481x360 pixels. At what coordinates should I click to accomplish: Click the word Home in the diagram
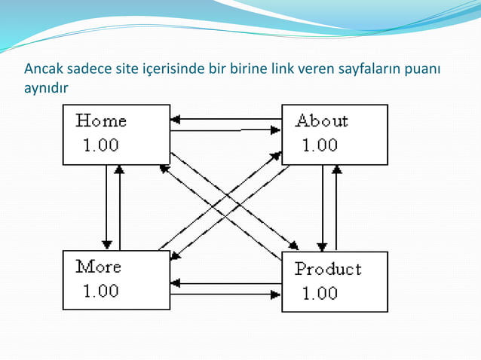click(x=101, y=121)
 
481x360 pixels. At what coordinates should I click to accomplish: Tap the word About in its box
click(x=321, y=121)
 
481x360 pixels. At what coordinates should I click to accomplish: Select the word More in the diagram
click(x=98, y=267)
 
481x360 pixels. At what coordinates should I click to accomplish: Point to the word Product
click(x=328, y=269)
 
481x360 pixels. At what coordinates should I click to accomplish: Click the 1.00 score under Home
click(x=100, y=145)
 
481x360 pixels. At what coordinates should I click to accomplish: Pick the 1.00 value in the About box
click(x=320, y=145)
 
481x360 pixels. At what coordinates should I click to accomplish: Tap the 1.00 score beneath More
click(x=100, y=291)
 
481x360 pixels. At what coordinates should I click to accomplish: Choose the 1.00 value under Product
click(x=320, y=293)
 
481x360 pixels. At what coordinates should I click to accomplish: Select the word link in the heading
click(x=283, y=71)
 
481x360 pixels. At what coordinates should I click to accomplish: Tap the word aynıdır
click(x=46, y=89)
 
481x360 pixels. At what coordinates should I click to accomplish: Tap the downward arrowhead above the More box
click(x=107, y=245)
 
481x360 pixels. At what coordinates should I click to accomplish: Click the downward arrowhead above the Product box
click(x=323, y=246)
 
